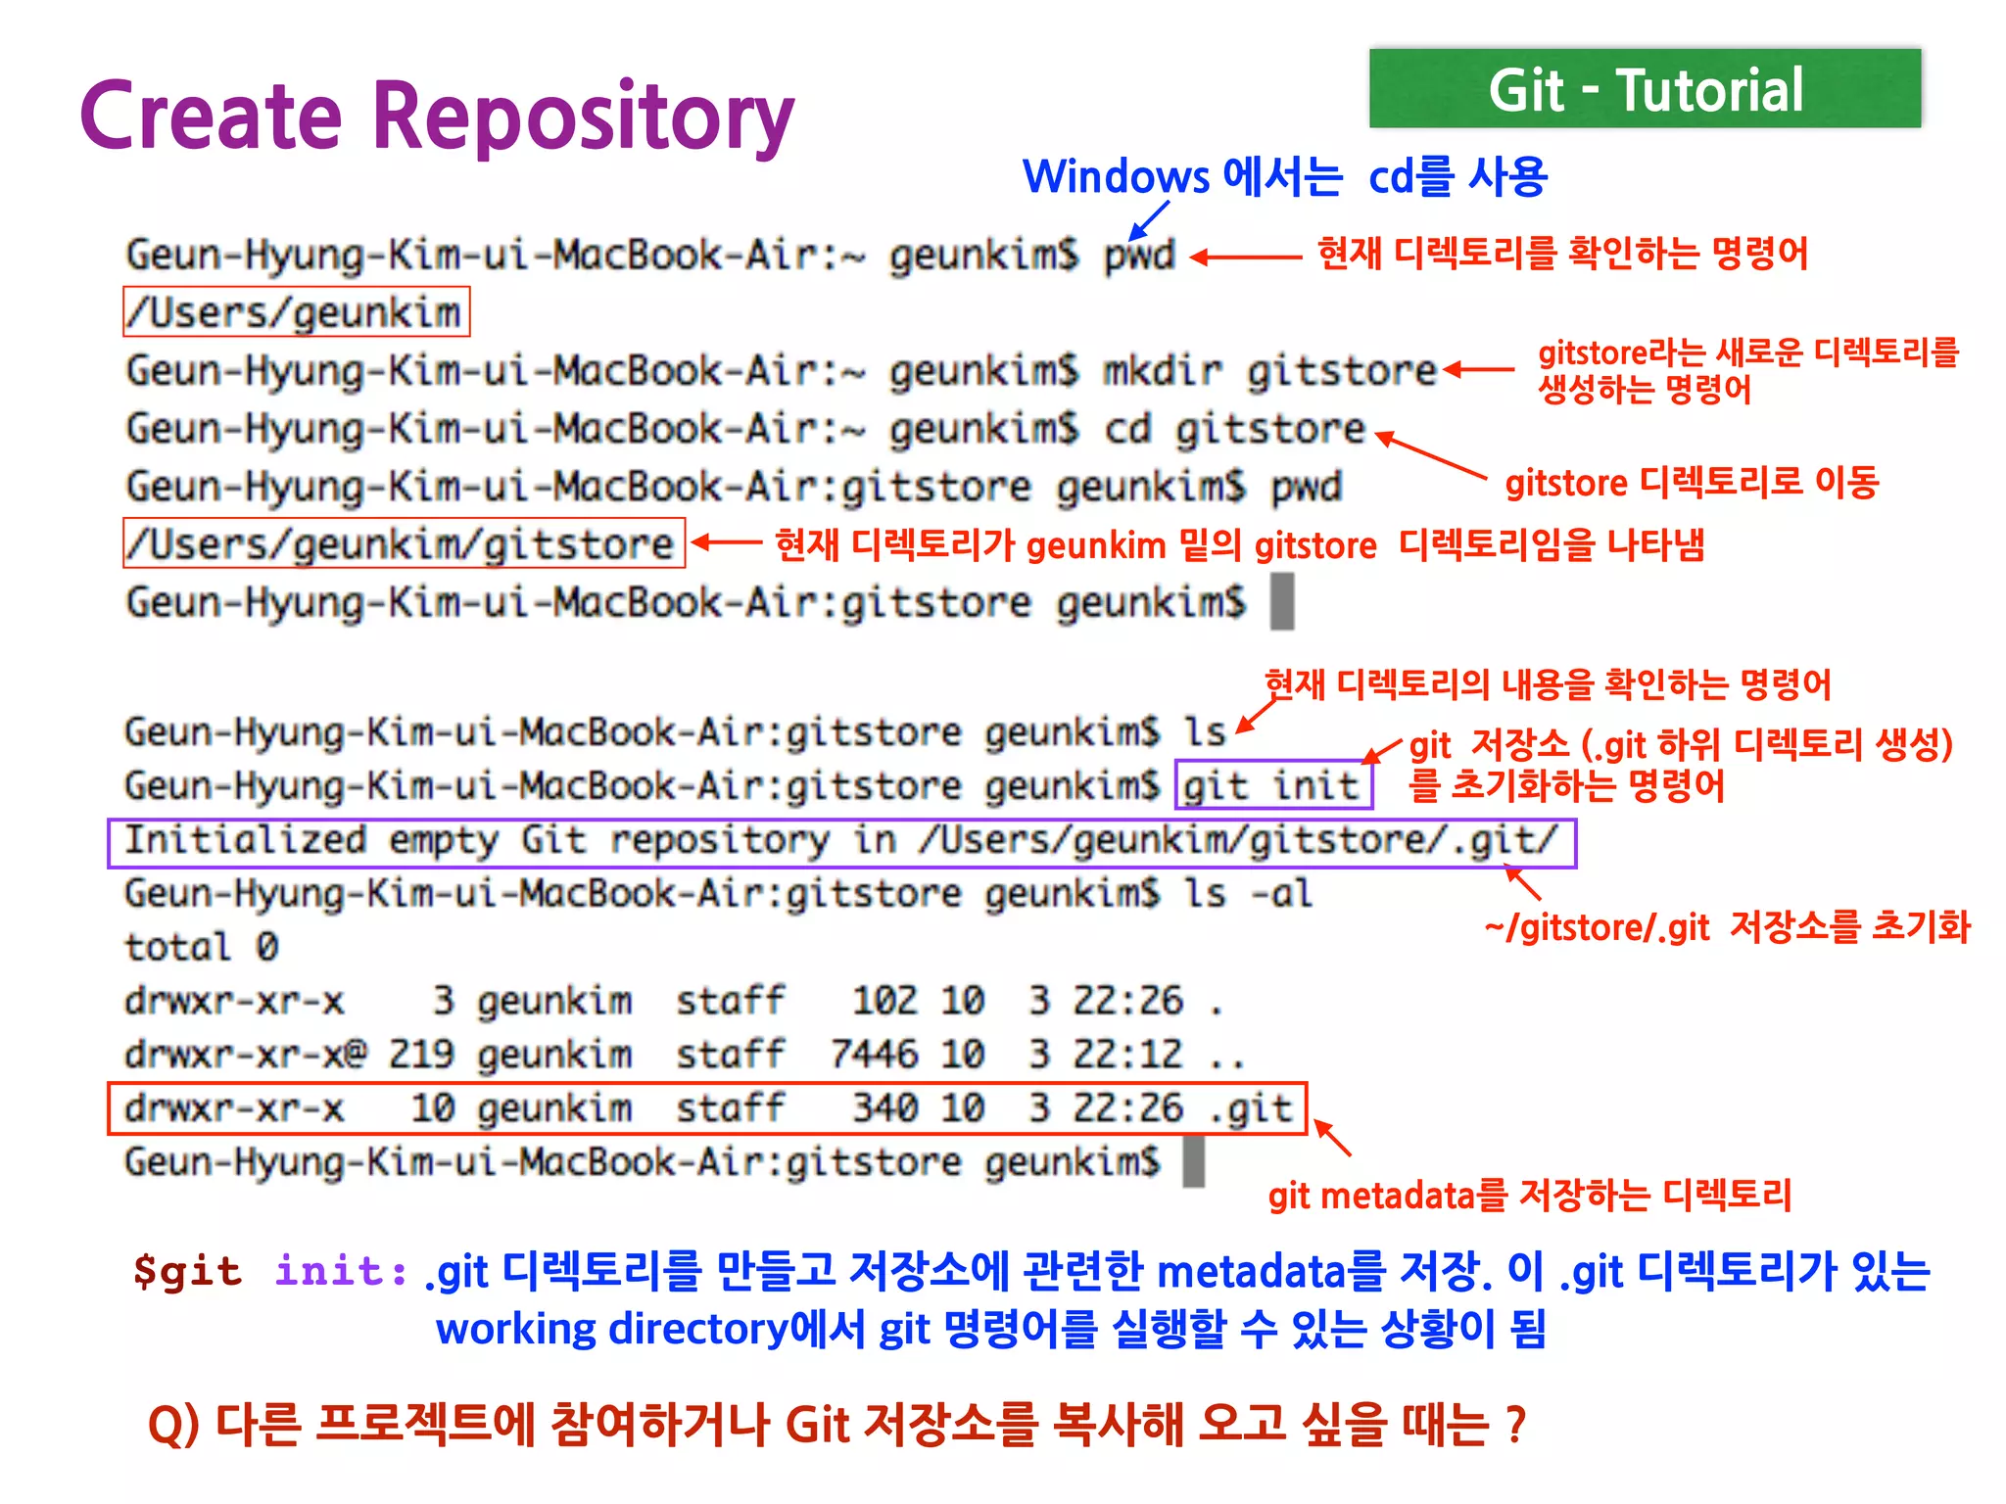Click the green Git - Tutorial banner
tap(1645, 89)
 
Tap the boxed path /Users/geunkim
tap(296, 312)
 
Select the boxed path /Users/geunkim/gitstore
tap(403, 544)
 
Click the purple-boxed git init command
tap(1272, 785)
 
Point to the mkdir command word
tap(1163, 372)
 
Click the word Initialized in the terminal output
tap(245, 840)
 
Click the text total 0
tap(202, 948)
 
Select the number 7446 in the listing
tap(874, 1055)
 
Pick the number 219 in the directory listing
tap(421, 1055)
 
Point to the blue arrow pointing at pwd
tap(1149, 220)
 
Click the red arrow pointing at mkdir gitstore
tap(1479, 370)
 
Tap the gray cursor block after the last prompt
tap(1193, 1161)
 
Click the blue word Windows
tap(1116, 177)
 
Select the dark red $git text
tap(187, 1271)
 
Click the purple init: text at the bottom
tap(341, 1271)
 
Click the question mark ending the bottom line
tap(1515, 1425)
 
